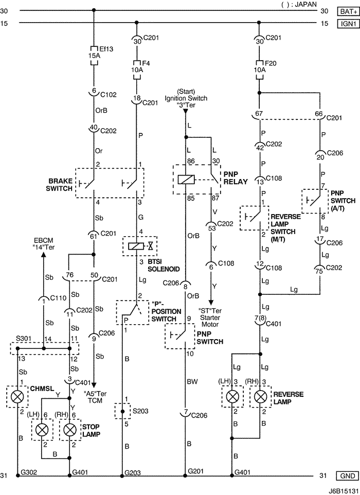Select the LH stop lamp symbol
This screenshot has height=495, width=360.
click(42, 429)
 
